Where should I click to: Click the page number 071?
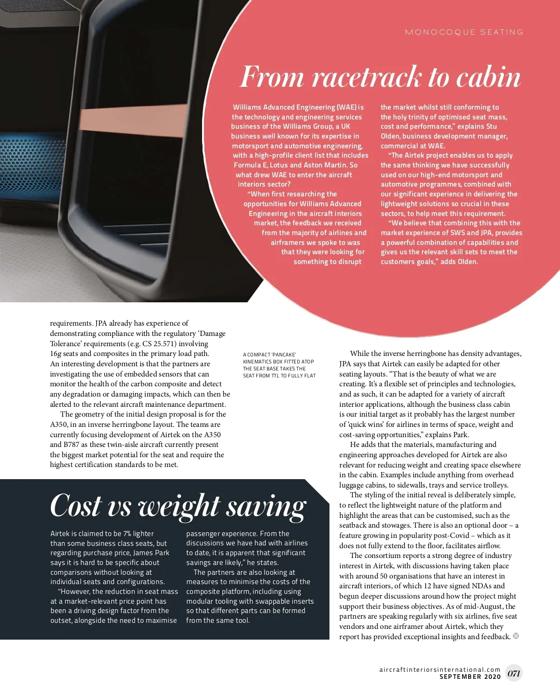tap(514, 673)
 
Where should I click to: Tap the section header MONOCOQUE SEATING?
tap(464, 32)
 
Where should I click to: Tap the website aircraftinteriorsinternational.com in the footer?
tap(440, 669)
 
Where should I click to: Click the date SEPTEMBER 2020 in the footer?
tap(470, 676)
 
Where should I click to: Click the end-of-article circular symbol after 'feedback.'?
tap(516, 636)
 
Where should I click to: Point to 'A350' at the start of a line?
tap(59, 425)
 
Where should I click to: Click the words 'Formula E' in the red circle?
tap(251, 165)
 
